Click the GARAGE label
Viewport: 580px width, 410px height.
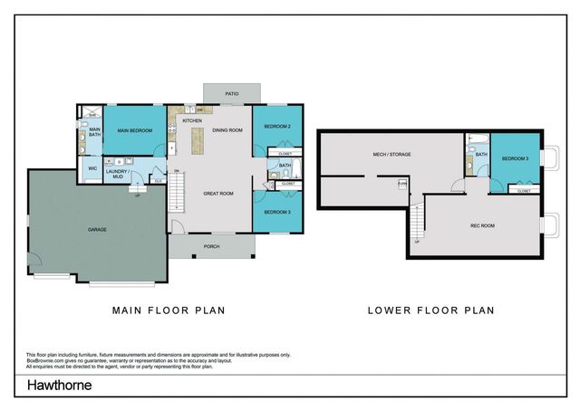97,230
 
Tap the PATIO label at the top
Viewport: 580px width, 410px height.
233,93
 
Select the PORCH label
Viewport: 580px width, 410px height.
211,245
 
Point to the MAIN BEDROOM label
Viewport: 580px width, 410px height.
134,131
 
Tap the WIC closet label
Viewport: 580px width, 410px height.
92,168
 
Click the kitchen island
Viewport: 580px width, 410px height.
197,138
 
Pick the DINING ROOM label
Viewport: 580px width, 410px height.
227,130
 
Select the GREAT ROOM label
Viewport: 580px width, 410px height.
218,193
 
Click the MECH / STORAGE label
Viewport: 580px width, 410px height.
391,155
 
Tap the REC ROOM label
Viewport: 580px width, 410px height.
481,225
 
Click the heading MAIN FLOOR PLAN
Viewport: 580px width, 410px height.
168,310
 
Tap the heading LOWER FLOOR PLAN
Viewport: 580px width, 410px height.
430,310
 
